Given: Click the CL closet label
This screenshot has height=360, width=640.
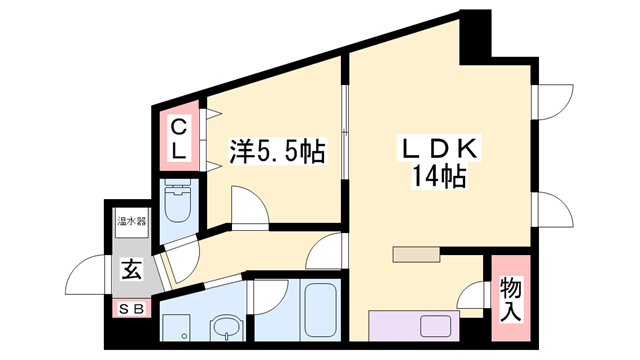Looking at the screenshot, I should [x=176, y=139].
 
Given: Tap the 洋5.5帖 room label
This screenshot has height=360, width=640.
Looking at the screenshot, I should [x=277, y=152].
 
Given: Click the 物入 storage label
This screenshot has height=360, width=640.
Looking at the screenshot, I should [x=510, y=300].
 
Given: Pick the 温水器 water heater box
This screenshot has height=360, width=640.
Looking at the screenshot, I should [x=131, y=221].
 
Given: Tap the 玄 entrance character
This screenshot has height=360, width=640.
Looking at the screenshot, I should [x=130, y=268].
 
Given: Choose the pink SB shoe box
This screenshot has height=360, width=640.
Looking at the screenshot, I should [x=131, y=309].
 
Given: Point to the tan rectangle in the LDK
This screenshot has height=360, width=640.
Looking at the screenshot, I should [x=421, y=253].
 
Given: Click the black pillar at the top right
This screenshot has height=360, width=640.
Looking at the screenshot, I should [x=474, y=30].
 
